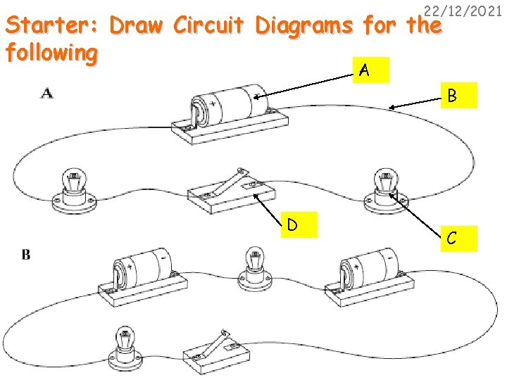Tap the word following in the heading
[50, 53]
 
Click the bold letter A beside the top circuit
[46, 93]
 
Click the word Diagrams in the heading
[306, 26]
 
